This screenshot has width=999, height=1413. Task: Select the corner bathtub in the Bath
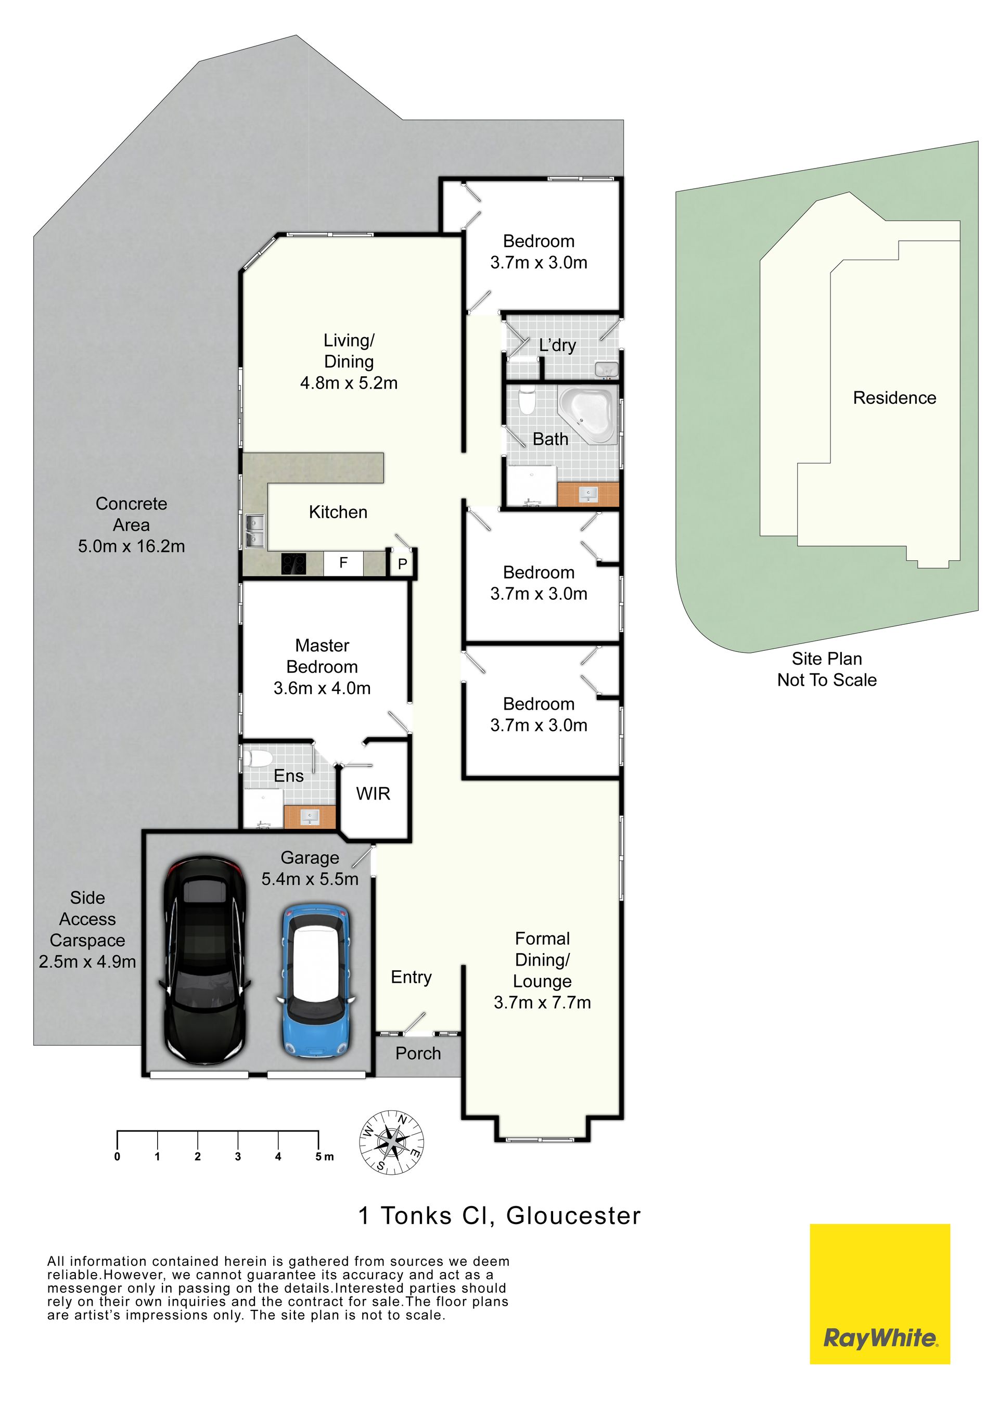tap(588, 414)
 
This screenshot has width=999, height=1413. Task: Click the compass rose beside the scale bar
tap(391, 1142)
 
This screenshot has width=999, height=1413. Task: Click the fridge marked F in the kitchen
tap(343, 562)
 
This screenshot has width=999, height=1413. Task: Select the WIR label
tap(373, 793)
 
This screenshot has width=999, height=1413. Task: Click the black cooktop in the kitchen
tap(293, 564)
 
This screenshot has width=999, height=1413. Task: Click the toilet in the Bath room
tap(528, 401)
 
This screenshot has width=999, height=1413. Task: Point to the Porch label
tap(418, 1053)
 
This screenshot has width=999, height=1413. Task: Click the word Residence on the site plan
tap(894, 397)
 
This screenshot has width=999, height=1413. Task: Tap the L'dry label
tap(558, 345)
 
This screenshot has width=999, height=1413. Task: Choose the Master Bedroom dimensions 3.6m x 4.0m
tap(322, 688)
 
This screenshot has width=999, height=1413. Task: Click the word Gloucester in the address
tap(574, 1217)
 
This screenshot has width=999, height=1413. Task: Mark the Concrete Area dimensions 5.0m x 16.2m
tap(131, 546)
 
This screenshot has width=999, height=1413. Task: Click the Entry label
tap(411, 977)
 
